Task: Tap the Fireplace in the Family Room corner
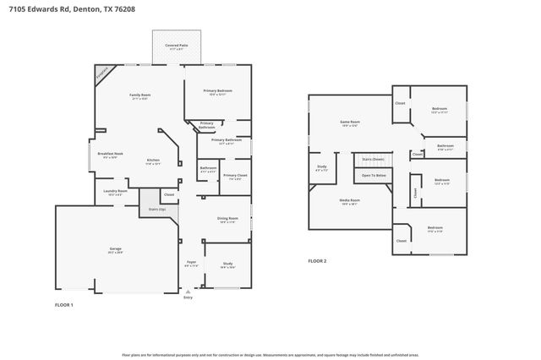102,74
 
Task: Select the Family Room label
139,95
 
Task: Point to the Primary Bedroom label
217,90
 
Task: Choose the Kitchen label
153,161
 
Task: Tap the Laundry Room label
115,192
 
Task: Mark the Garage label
115,249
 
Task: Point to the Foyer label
192,263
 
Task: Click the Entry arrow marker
188,292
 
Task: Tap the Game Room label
350,123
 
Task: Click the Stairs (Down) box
373,159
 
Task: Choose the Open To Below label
374,176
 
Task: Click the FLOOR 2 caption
317,261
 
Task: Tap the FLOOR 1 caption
64,303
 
